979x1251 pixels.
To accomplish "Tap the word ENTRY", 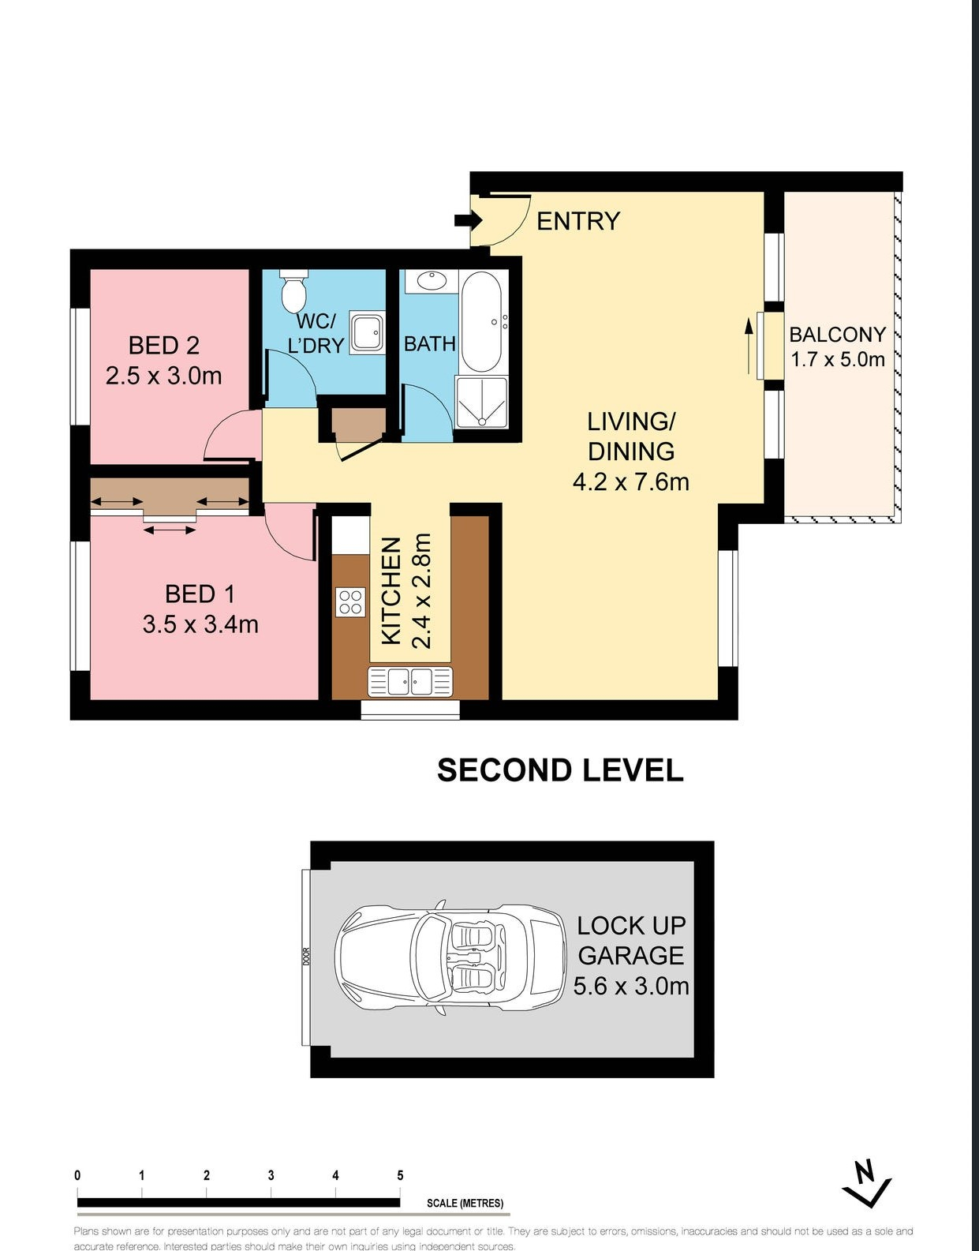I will pyautogui.click(x=578, y=221).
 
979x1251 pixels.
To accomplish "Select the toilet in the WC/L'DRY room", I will pyautogui.click(x=293, y=291).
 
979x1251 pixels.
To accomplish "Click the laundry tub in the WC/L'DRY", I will pyautogui.click(x=367, y=333).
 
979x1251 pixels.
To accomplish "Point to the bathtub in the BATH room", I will pyautogui.click(x=480, y=321).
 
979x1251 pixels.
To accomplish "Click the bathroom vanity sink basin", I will pyautogui.click(x=431, y=280).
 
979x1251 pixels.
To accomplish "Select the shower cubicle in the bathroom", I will pyautogui.click(x=481, y=402).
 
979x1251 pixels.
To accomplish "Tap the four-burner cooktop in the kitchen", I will pyautogui.click(x=350, y=602).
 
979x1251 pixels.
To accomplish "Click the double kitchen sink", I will pyautogui.click(x=409, y=681).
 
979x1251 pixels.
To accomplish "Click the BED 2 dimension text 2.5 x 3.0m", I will pyautogui.click(x=163, y=376).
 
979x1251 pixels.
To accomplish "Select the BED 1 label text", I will pyautogui.click(x=200, y=594).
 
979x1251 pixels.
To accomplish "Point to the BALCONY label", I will pyautogui.click(x=837, y=335).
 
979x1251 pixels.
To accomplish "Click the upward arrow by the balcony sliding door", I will pyautogui.click(x=749, y=345).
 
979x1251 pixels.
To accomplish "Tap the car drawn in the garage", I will pyautogui.click(x=450, y=957).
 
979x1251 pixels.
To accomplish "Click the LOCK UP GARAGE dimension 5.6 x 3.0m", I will pyautogui.click(x=631, y=986).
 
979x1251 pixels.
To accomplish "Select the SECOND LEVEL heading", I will pyautogui.click(x=560, y=770).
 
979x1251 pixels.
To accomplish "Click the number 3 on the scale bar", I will pyautogui.click(x=271, y=1175).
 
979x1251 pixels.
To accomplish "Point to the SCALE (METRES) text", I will pyautogui.click(x=465, y=1203).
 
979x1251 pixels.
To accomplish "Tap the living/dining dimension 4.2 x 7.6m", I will pyautogui.click(x=630, y=481).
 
